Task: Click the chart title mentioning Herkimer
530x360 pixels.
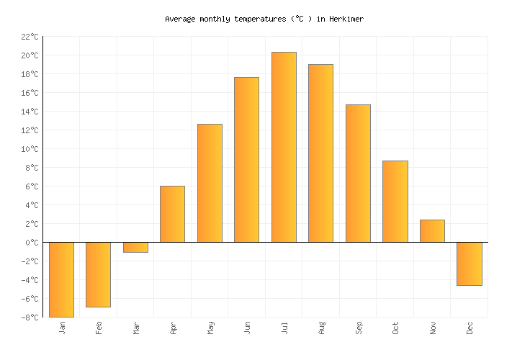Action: [x=264, y=19]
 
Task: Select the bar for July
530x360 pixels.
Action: [x=284, y=147]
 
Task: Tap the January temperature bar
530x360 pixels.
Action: [x=61, y=279]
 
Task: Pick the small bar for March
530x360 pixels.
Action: [x=135, y=247]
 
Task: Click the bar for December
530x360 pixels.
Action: [x=470, y=264]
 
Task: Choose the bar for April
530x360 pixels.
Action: [x=172, y=214]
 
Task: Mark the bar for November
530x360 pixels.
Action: [x=432, y=230]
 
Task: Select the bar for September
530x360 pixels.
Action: [x=358, y=173]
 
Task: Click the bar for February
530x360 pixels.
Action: [x=98, y=274]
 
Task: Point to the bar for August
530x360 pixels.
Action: [x=320, y=153]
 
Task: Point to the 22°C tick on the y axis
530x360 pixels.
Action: [x=30, y=37]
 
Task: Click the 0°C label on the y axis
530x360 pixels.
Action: [x=32, y=243]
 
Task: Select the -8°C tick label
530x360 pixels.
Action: [x=30, y=318]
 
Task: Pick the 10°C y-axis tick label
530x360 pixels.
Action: [x=30, y=149]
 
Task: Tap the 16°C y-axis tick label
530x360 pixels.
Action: [x=30, y=93]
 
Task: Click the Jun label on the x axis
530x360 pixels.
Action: [x=247, y=328]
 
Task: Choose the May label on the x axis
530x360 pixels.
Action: [x=210, y=328]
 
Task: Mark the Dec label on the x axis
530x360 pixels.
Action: [x=470, y=328]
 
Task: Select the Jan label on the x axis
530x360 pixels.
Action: [x=62, y=328]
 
